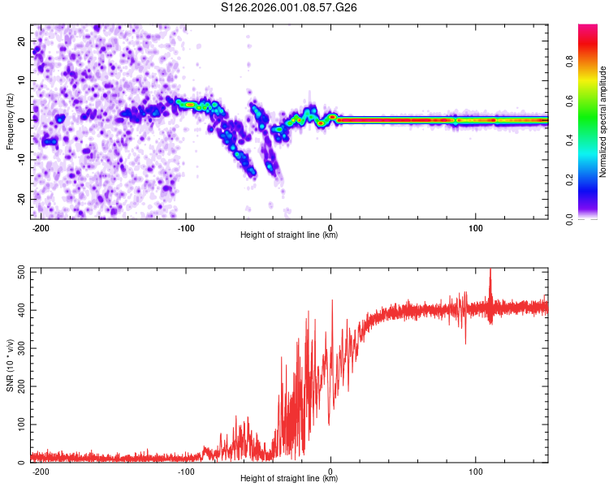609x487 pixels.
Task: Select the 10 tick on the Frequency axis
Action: pyautogui.click(x=22, y=80)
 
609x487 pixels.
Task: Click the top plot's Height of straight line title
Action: pyautogui.click(x=289, y=235)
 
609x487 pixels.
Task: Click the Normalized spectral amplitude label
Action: pyautogui.click(x=603, y=121)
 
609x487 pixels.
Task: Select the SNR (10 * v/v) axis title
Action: pyautogui.click(x=10, y=367)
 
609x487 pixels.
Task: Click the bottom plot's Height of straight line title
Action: pyautogui.click(x=289, y=479)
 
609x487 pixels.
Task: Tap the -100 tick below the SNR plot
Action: pyautogui.click(x=186, y=471)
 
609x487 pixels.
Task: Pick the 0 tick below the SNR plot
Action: pyautogui.click(x=330, y=471)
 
